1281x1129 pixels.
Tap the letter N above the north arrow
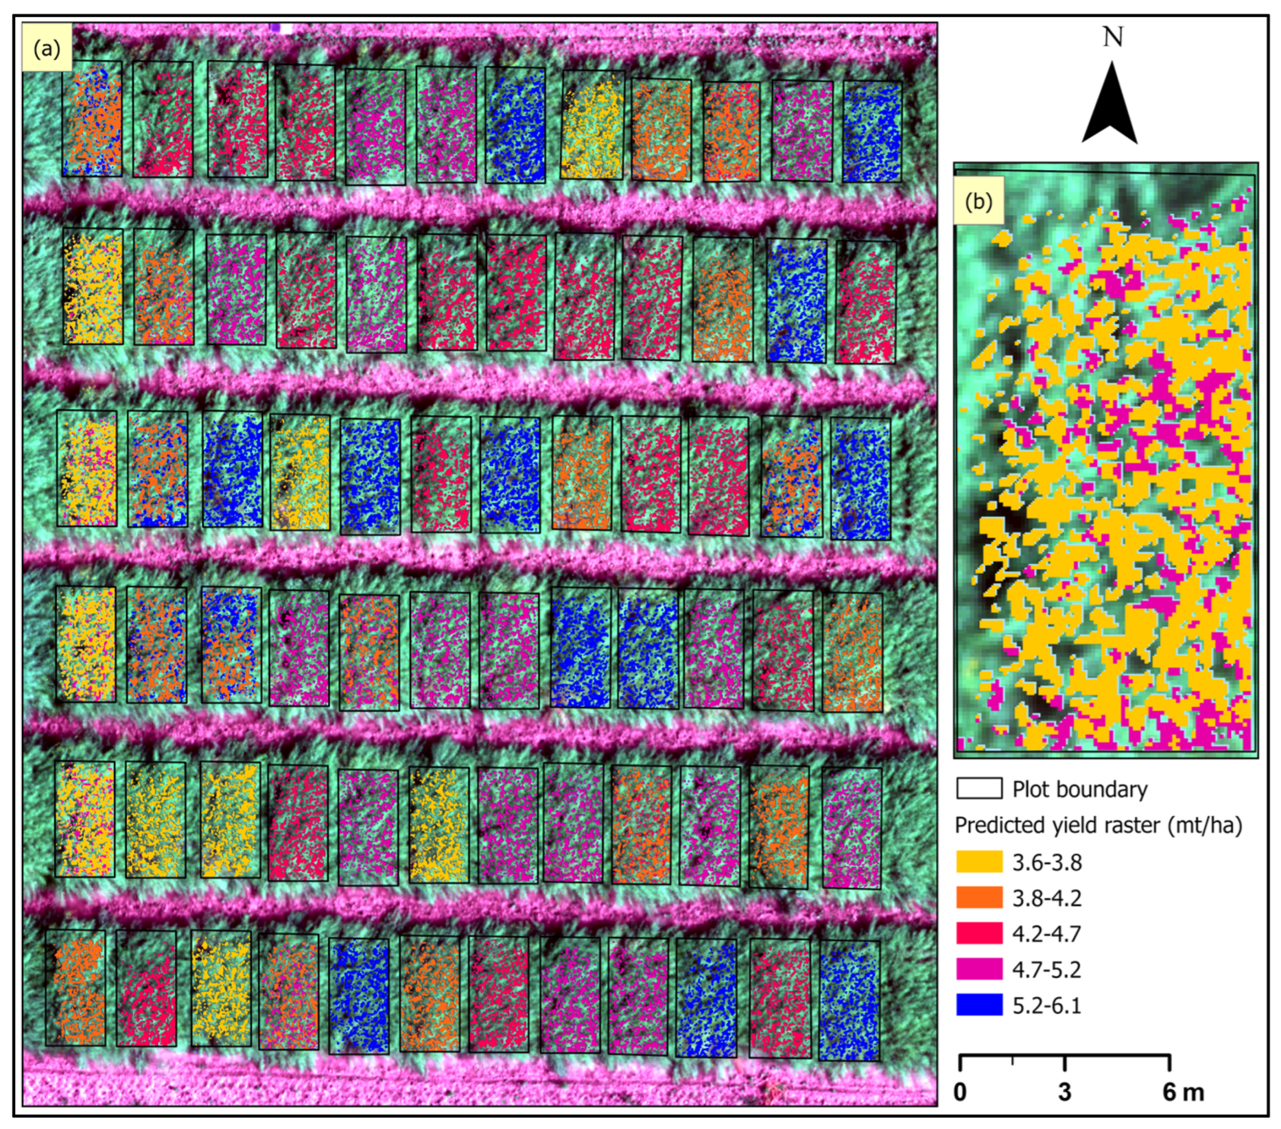[1112, 38]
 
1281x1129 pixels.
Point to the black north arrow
[1109, 106]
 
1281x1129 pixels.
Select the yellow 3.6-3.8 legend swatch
[979, 862]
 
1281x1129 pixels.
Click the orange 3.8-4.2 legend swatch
[979, 898]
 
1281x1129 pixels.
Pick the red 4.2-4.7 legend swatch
[979, 933]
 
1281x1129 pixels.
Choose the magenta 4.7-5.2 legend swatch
[979, 969]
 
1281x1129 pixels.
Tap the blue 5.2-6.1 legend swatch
[979, 1005]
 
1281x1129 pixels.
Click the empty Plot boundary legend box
[979, 789]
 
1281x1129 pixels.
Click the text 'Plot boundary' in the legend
[1080, 790]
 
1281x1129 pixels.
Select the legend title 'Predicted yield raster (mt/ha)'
[1098, 825]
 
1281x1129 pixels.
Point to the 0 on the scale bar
[960, 1093]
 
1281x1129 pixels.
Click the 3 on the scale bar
[1065, 1093]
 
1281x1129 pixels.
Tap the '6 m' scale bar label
[1183, 1093]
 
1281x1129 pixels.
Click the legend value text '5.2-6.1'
[1047, 1006]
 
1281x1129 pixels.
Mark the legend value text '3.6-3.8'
[1047, 863]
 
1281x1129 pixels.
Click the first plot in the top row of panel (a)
[92, 118]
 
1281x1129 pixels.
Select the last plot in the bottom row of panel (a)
[849, 1001]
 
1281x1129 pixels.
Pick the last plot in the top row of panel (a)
[872, 132]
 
